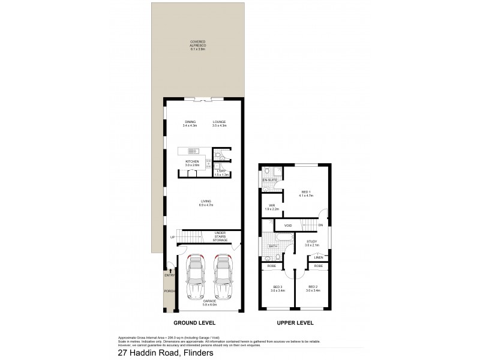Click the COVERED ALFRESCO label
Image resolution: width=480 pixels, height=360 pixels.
point(197,43)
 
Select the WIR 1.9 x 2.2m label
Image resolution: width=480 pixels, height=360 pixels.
point(271,208)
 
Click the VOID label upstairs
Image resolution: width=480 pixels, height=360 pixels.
point(287,226)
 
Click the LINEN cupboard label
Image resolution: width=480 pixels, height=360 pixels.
point(318,257)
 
